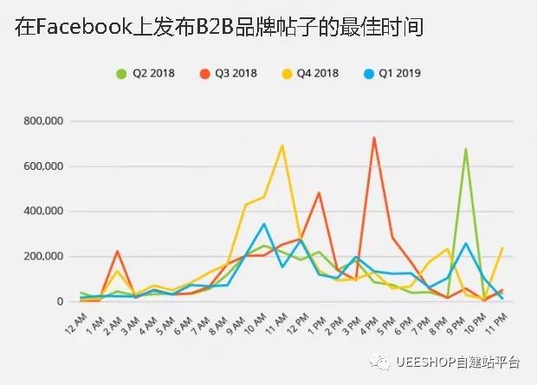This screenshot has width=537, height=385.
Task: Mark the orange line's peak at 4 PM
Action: coord(374,138)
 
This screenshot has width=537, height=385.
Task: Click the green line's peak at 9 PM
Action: coord(466,149)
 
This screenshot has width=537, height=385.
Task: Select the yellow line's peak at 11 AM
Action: coord(282,146)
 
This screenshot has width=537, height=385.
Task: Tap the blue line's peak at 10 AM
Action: coord(264,224)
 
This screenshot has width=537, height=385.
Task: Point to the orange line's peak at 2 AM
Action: coord(117,251)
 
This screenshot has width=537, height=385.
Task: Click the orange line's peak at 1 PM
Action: coord(320,192)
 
